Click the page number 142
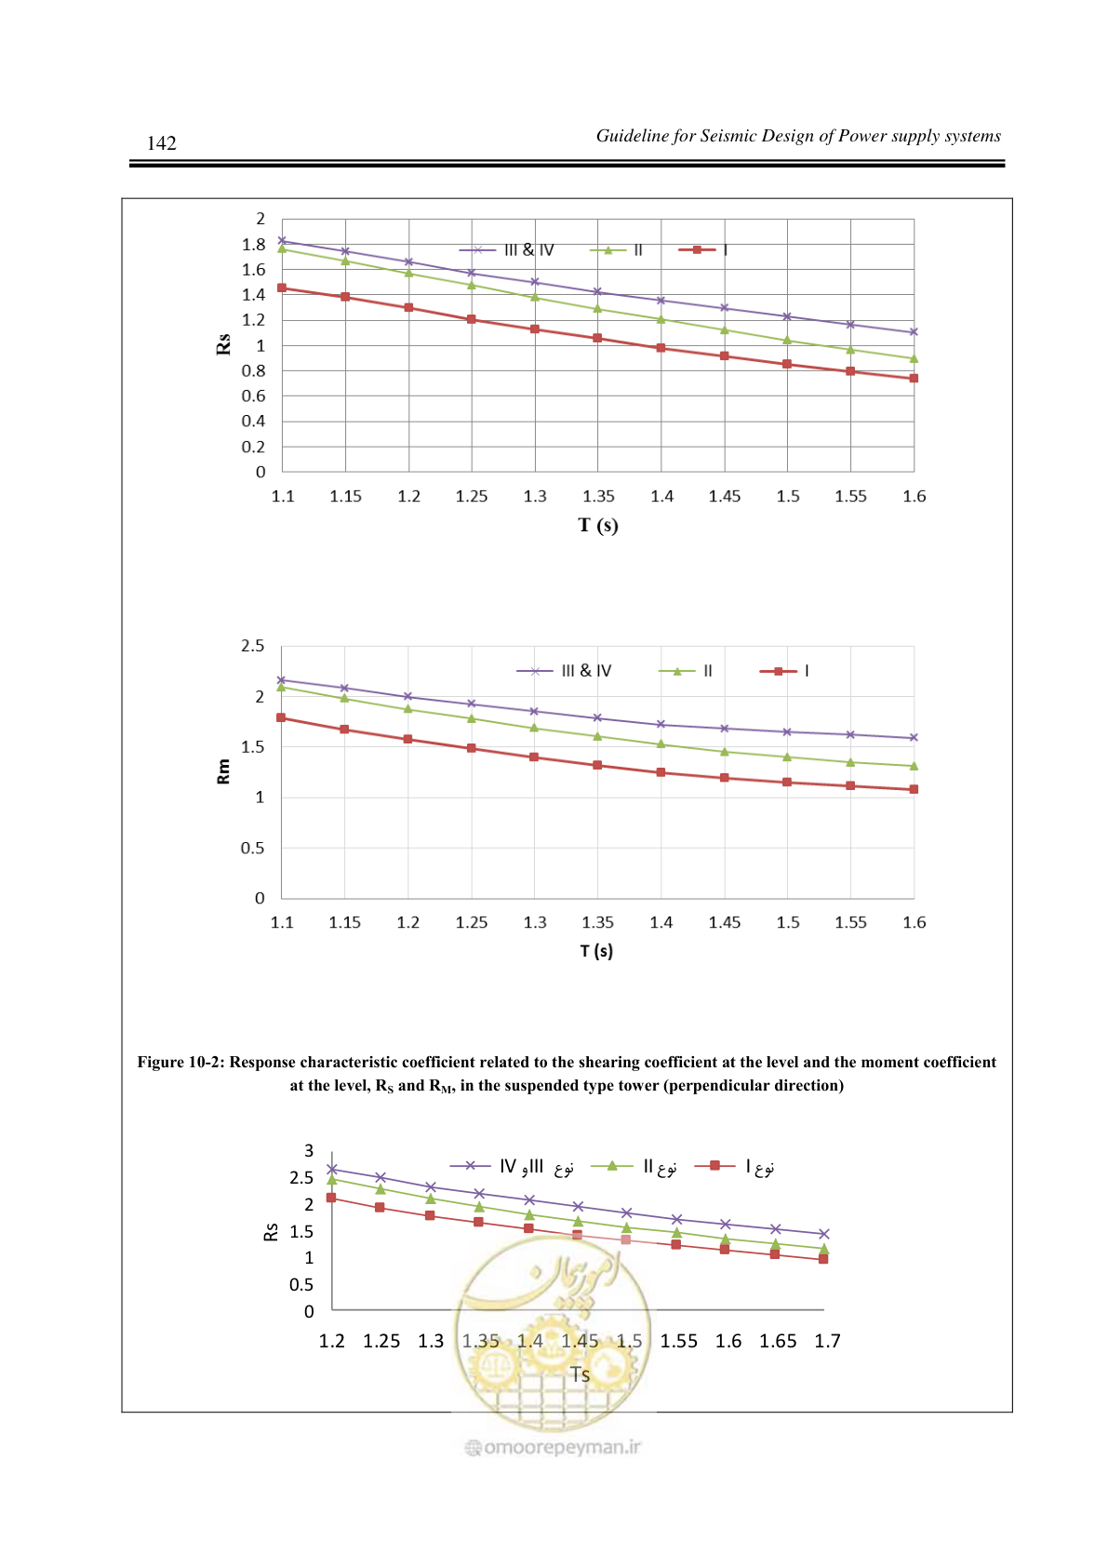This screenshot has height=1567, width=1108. (161, 143)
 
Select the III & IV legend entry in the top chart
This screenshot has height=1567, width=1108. (506, 249)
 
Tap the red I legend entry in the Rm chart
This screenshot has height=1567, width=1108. (784, 671)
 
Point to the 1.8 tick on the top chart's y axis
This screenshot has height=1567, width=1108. (253, 244)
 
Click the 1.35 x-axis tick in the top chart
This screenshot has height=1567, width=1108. (598, 496)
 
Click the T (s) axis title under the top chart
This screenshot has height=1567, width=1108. (598, 525)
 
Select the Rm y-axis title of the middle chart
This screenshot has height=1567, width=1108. (223, 771)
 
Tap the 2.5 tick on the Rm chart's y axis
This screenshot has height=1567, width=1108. (252, 646)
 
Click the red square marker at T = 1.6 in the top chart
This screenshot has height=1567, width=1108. (914, 379)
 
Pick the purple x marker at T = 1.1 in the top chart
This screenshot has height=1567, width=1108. (282, 241)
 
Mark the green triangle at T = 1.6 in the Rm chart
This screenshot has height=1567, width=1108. (914, 766)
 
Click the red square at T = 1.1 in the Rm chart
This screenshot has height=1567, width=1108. (281, 717)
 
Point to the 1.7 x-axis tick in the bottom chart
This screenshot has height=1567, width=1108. (827, 1341)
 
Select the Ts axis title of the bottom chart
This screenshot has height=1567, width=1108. (580, 1374)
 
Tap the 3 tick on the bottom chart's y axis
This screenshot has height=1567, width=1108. (309, 1151)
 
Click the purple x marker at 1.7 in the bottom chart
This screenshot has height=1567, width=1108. (824, 1234)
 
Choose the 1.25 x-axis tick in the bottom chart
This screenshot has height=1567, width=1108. (381, 1341)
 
